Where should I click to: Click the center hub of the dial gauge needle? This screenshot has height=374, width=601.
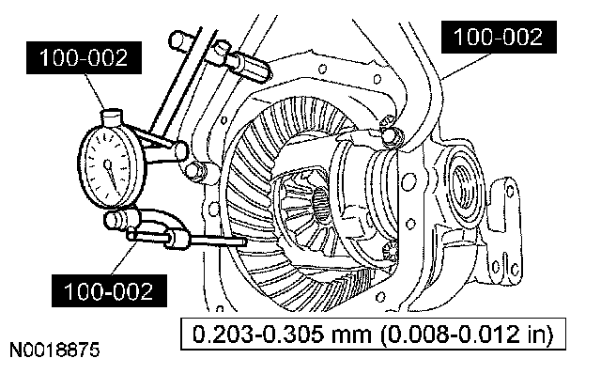coord(108,165)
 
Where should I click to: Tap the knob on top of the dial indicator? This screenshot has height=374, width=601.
coord(112,117)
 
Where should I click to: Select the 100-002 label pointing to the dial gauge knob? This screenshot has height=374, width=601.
coord(84,58)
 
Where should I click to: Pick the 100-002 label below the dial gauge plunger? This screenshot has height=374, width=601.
coord(109,290)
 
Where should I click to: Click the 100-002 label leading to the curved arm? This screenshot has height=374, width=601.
coord(499,38)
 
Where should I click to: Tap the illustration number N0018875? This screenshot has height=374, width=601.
coord(54,351)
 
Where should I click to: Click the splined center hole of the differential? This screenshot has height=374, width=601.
coord(321,204)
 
